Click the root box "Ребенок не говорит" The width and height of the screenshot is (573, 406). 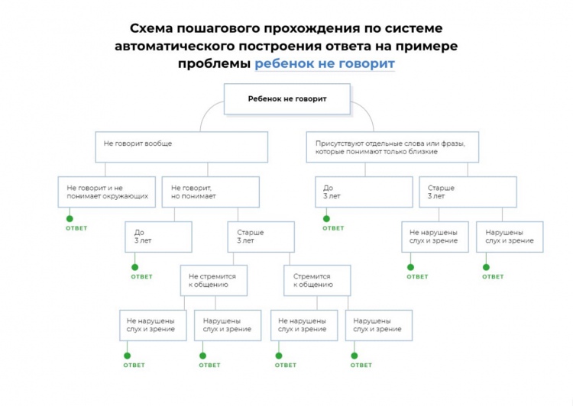click(286, 98)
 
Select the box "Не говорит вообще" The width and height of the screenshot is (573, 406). click(181, 147)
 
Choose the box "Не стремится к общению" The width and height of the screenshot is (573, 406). click(214, 280)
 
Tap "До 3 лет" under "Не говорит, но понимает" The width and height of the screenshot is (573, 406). click(158, 237)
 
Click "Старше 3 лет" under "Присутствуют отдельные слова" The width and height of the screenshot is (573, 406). click(467, 192)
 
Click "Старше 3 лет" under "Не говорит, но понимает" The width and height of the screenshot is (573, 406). click(261, 237)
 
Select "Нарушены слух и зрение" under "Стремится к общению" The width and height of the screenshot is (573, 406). click(379, 324)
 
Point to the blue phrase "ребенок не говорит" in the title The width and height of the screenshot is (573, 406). click(324, 63)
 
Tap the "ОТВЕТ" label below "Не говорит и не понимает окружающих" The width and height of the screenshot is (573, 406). click(76, 228)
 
